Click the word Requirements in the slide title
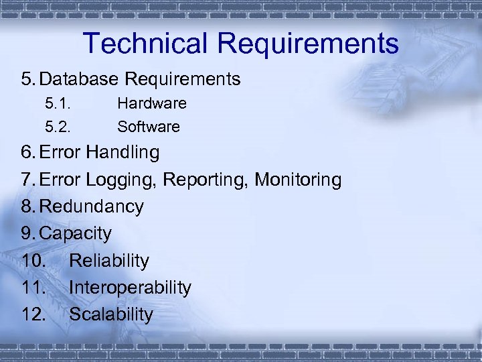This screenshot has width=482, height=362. coord(308,44)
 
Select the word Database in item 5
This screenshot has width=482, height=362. coord(79,79)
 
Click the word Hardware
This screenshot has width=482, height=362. coord(152,104)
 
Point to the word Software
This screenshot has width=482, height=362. coord(149,127)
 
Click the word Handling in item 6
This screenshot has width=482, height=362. coord(123,153)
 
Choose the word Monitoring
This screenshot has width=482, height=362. coord(299,180)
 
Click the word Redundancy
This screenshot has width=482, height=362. coord(92,206)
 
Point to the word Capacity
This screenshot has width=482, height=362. coord(76,233)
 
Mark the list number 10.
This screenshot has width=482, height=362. coord(33,260)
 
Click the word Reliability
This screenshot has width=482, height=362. coord(109,260)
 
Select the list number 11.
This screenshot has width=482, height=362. coord(33,288)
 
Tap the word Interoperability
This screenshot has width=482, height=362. coord(130,288)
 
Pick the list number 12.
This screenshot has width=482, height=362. coord(33,314)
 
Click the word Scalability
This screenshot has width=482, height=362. coord(111,314)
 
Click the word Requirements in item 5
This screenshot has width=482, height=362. coord(183,79)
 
